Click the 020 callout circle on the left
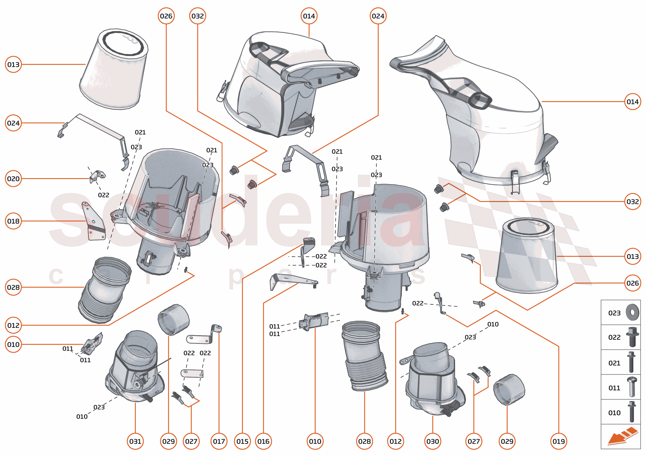[13, 179]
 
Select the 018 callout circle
[13, 221]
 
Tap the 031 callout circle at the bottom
[135, 441]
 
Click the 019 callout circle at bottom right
[558, 441]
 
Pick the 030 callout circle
[432, 441]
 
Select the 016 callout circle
[263, 441]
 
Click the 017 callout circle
[219, 441]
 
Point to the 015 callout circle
[242, 441]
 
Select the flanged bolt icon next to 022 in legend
[632, 337]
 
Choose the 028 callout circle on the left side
[13, 287]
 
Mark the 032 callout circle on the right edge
[633, 202]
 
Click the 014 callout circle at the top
[309, 16]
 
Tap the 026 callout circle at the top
[166, 16]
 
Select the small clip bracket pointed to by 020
[97, 176]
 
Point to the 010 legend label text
[614, 413]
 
